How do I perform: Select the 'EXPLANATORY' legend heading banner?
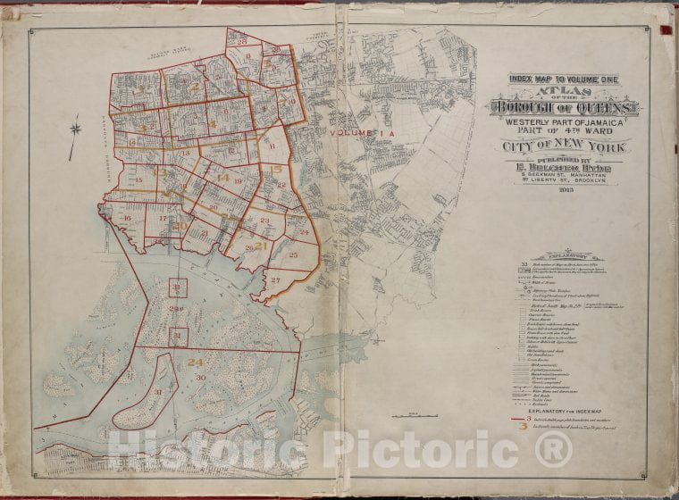[x=563, y=255]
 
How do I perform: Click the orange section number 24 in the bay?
[x=195, y=362]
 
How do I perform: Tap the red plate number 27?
[x=276, y=280]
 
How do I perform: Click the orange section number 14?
[x=222, y=178]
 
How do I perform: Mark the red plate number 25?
[x=293, y=255]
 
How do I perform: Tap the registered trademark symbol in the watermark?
[x=553, y=448]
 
